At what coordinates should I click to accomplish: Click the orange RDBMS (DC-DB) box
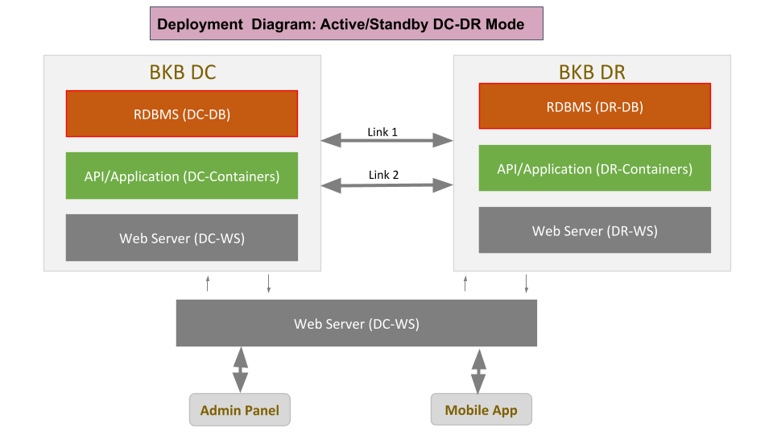point(182,114)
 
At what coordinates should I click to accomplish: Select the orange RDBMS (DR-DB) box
point(594,106)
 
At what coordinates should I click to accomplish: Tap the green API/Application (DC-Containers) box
point(182,176)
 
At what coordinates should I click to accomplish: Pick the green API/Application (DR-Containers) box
point(594,168)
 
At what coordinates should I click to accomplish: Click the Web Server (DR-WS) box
point(594,230)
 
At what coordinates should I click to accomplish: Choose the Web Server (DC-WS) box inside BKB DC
point(182,238)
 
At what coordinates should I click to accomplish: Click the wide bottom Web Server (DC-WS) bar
point(357,323)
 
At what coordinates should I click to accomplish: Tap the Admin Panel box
point(240,410)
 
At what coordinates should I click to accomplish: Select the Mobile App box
point(482,409)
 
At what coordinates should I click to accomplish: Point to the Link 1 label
point(382,132)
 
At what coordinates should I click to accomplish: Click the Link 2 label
point(383,175)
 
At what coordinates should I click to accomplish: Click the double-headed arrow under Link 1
point(386,140)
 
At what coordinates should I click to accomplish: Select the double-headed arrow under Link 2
point(386,185)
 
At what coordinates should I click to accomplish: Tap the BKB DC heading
point(183,72)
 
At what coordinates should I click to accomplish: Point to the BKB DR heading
point(592,72)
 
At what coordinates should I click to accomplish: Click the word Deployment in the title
point(200,24)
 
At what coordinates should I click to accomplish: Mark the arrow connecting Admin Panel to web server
point(240,370)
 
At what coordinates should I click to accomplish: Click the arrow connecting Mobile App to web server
point(478,371)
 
